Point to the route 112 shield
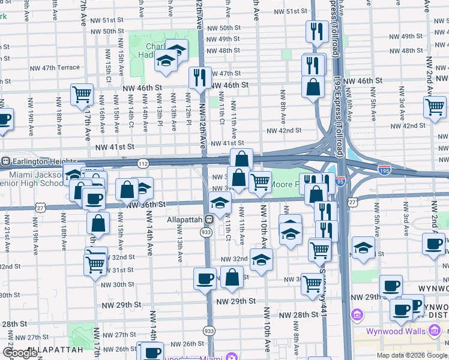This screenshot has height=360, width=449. click(x=143, y=163)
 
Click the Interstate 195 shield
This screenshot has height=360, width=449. click(x=384, y=170)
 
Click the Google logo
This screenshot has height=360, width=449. click(x=20, y=353)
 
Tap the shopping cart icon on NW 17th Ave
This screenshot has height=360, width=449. click(x=82, y=94)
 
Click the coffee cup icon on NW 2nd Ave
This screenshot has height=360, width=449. click(x=433, y=243)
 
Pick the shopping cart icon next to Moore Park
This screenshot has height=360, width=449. click(x=259, y=181)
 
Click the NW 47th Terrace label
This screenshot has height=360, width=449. click(x=53, y=68)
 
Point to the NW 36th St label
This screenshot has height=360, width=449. click(x=145, y=205)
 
